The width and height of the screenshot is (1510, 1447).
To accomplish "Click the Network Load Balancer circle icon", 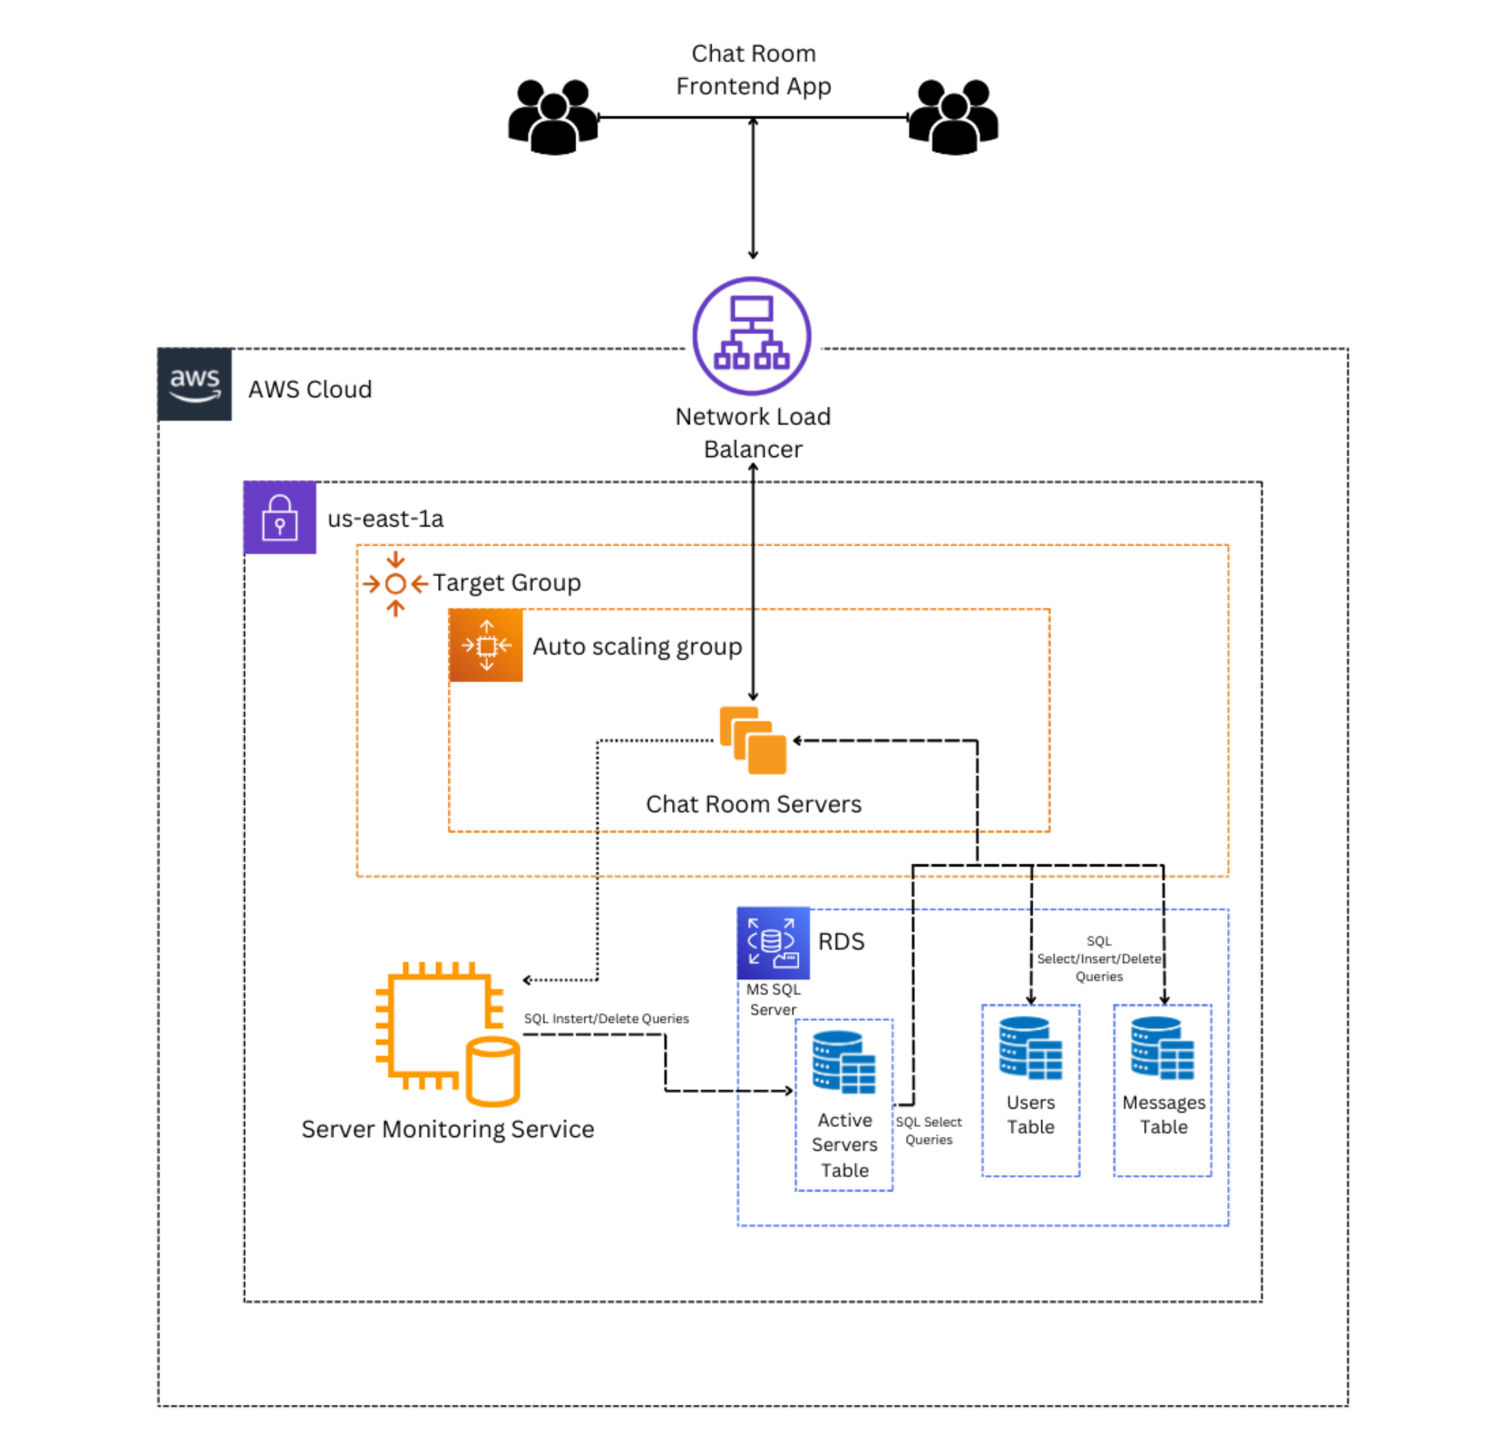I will point(752,335).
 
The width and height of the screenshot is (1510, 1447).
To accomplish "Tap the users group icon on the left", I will point(552,117).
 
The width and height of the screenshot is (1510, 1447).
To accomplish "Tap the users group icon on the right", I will point(953,117).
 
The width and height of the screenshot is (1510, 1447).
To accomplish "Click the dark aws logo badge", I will point(194,384).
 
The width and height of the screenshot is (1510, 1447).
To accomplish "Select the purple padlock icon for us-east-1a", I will point(279,518).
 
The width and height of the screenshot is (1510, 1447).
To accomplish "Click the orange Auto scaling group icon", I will point(486,646).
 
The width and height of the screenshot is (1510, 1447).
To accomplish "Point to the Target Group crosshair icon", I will point(395,584).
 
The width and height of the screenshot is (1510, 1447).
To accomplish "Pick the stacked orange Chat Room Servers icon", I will point(753,741).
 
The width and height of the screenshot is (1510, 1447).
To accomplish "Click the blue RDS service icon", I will point(773,943).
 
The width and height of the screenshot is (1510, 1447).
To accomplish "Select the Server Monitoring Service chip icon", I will point(447,1034).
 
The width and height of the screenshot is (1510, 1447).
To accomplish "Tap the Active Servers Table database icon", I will point(843,1063).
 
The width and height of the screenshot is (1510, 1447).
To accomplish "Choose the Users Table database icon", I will point(1030,1048).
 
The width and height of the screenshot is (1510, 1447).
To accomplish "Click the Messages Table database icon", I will point(1163,1048).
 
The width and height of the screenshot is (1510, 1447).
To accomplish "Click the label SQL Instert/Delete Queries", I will point(606,1019).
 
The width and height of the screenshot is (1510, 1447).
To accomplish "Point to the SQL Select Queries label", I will point(929,1131).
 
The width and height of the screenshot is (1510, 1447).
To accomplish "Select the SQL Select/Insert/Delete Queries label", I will point(1098,959).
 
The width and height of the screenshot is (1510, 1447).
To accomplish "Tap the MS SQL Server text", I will point(773,999).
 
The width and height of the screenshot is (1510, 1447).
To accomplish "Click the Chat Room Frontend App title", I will point(753,70).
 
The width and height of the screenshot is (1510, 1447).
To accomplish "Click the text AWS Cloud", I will point(310,389).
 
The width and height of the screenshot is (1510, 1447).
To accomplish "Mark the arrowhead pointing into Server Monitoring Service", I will point(528,980).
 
